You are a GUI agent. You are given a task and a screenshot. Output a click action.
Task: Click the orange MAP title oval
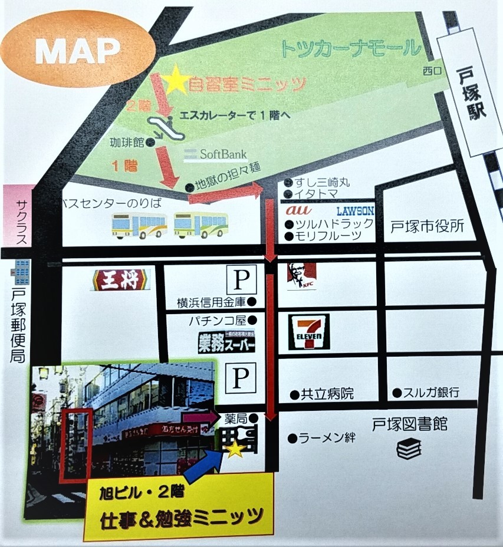[x=78, y=52]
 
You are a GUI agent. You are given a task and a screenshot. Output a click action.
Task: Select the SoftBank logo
[x=214, y=155]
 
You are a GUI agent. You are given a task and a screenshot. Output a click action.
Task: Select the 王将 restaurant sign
[x=121, y=279]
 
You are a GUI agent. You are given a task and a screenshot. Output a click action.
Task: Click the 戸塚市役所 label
[x=428, y=226]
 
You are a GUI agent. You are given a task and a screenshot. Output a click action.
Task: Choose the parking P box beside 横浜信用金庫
[x=243, y=278]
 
